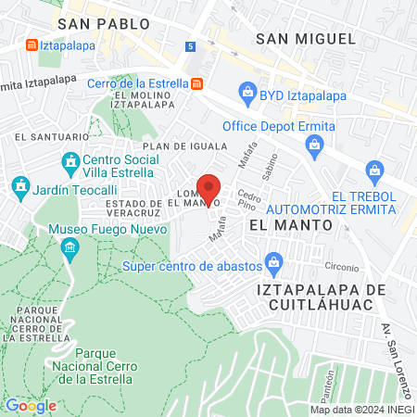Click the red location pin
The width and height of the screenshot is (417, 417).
tap(208, 188)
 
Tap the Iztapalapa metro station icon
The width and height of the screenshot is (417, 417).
tap(31, 44)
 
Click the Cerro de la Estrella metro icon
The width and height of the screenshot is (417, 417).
tap(197, 82)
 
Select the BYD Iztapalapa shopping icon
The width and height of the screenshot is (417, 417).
tap(247, 92)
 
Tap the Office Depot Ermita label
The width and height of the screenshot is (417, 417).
tap(271, 127)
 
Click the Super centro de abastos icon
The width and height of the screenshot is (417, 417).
tap(273, 265)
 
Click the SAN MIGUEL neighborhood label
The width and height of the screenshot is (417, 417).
tap(306, 38)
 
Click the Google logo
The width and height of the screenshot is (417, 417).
tap(31, 405)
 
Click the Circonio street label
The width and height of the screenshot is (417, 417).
tap(342, 266)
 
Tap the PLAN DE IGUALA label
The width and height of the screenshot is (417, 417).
tap(184, 146)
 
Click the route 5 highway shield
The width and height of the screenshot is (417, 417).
tap(190, 45)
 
